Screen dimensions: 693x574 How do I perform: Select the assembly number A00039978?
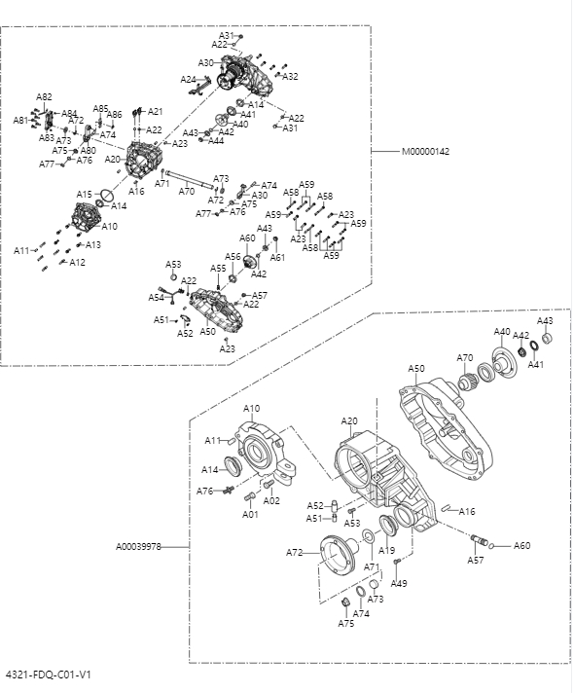(x=141, y=547)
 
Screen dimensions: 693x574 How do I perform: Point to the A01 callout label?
(x=250, y=513)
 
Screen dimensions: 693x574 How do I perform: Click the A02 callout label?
(x=272, y=500)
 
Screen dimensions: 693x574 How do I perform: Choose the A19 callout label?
(x=387, y=550)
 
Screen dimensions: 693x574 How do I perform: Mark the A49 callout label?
(x=399, y=583)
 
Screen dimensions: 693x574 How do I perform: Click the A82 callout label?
(x=45, y=96)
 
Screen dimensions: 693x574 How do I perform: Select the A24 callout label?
(x=188, y=79)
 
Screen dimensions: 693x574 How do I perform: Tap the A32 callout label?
(x=290, y=76)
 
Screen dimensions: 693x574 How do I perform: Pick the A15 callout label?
(x=85, y=195)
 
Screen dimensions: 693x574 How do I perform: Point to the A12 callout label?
(x=77, y=262)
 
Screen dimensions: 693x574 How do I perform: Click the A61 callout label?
(x=277, y=257)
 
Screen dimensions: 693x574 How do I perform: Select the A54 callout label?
(x=156, y=297)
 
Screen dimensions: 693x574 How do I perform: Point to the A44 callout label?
(x=215, y=141)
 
